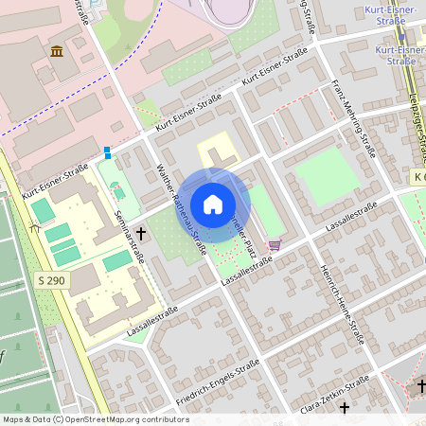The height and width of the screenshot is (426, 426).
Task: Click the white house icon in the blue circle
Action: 213,204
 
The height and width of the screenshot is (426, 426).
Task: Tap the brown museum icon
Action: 57,50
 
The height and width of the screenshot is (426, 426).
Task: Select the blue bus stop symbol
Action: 107,151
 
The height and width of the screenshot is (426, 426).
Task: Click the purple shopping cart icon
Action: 275,245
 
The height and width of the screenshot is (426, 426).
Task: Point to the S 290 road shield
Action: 54,281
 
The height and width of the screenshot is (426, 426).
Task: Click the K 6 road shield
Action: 417,177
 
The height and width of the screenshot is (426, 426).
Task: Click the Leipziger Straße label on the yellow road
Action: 417,133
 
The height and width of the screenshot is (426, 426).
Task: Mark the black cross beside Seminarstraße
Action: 141,232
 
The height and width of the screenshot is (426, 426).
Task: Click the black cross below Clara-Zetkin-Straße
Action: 345,408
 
